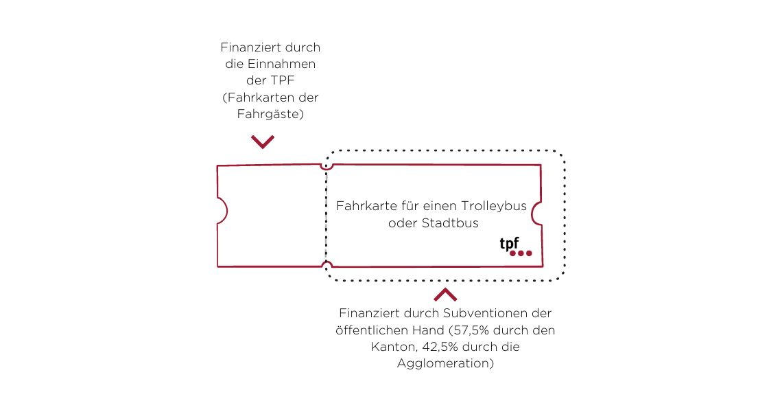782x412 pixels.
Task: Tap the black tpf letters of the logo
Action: click(x=509, y=244)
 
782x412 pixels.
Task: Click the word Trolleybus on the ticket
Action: click(x=494, y=206)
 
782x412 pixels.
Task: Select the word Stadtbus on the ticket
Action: click(x=451, y=222)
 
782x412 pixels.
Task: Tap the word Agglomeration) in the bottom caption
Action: click(x=445, y=363)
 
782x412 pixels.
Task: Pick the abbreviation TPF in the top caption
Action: click(x=283, y=80)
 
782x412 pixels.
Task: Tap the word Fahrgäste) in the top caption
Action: click(x=270, y=115)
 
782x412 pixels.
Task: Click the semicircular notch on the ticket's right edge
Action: click(x=536, y=214)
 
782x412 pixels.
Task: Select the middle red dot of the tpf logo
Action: click(x=521, y=253)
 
